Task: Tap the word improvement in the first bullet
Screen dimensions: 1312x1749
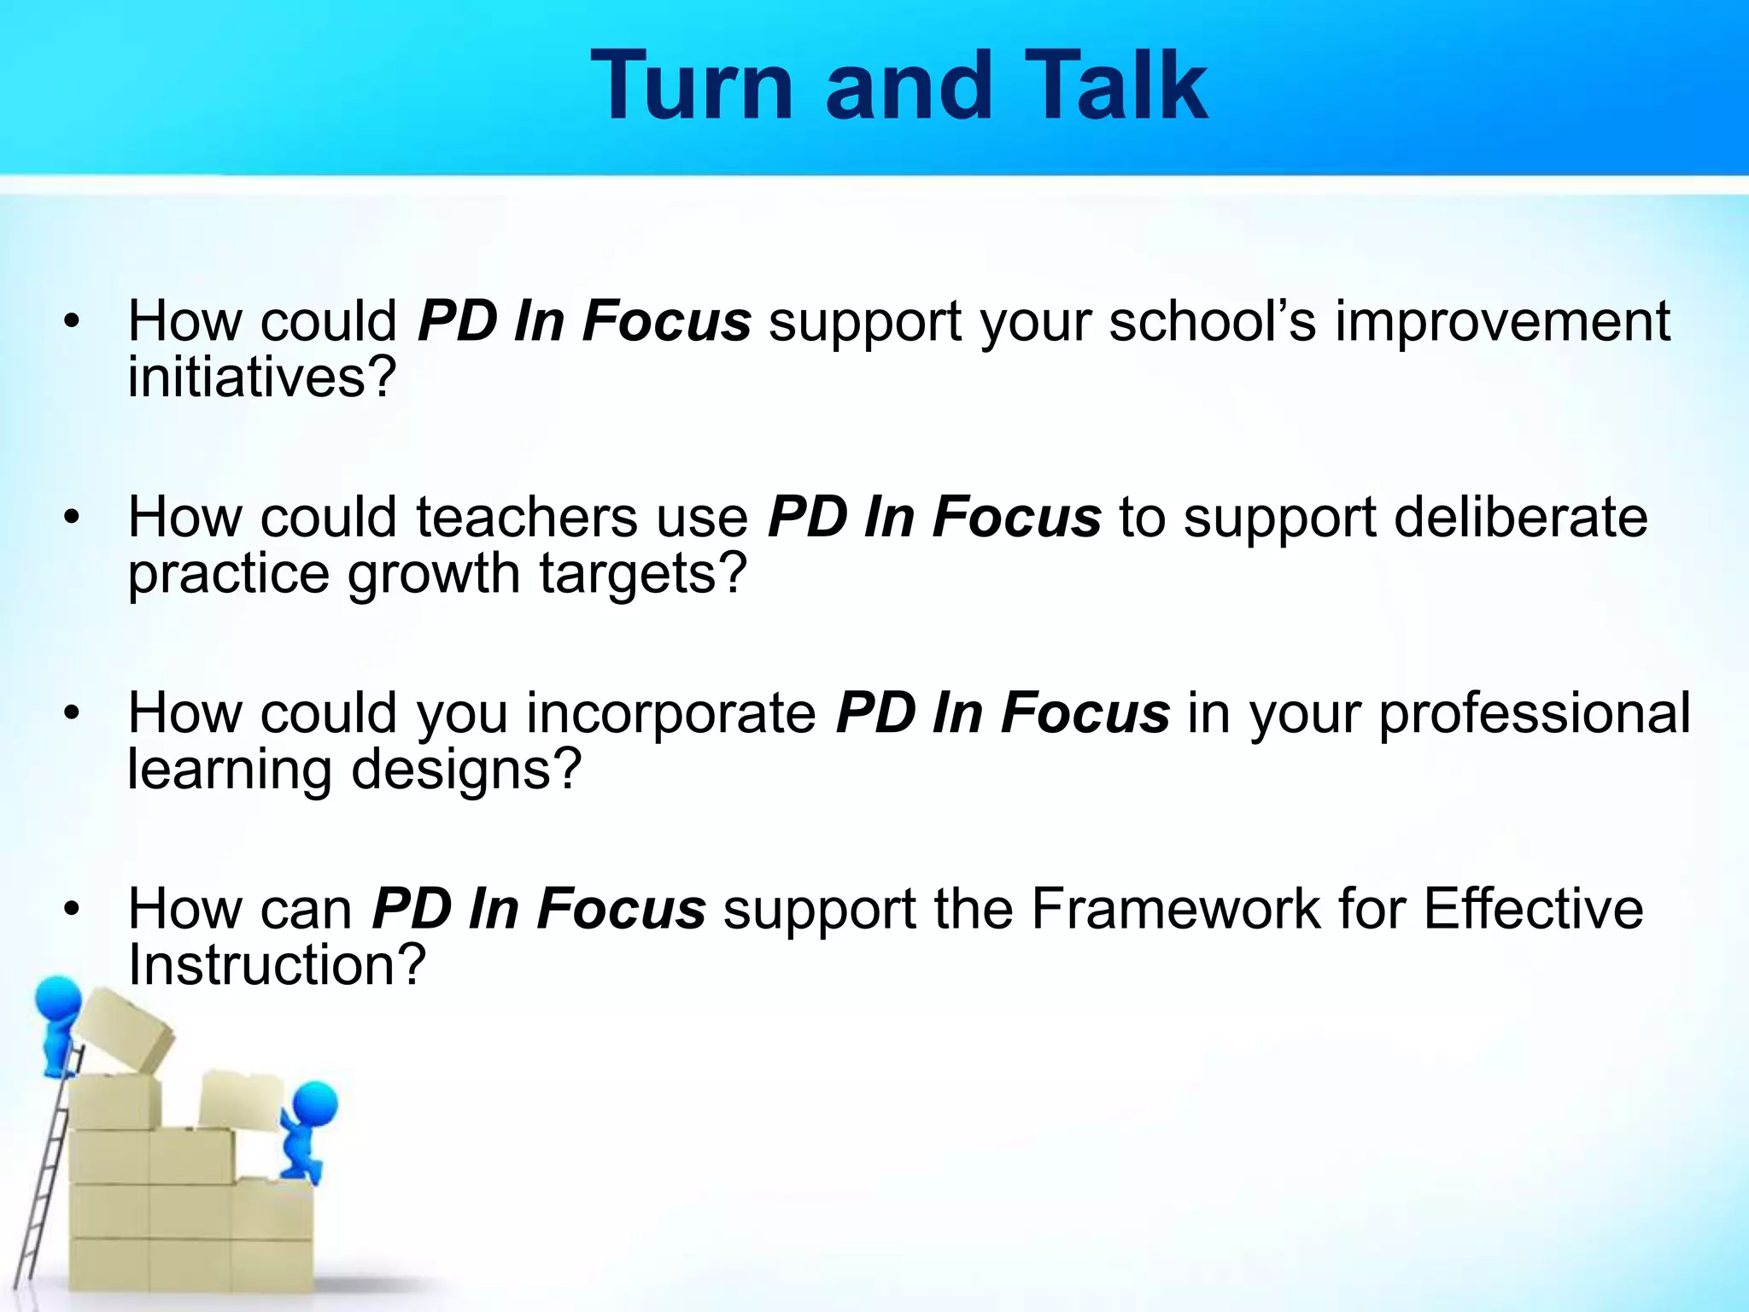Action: click(1502, 322)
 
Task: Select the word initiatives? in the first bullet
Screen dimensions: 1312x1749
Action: click(262, 378)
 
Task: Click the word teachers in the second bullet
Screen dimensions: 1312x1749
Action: click(527, 518)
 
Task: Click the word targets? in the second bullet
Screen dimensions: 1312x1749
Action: click(643, 574)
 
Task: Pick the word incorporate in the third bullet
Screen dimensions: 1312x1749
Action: click(671, 713)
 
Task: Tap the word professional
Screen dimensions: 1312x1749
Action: click(1535, 713)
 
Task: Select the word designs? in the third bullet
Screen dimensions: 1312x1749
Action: click(466, 770)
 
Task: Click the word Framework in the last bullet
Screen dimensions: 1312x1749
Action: click(1176, 909)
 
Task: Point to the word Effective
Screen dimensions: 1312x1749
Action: click(1533, 909)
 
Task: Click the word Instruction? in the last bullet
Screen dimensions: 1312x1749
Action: click(276, 965)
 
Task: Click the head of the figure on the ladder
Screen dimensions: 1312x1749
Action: click(58, 996)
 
